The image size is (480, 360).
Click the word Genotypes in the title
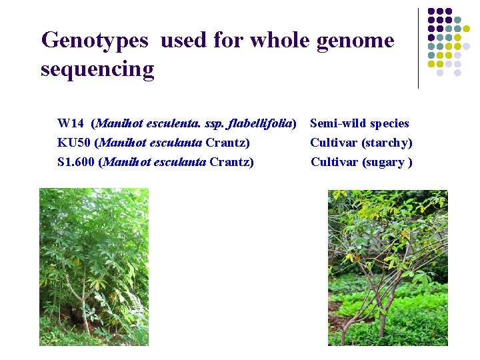coord(94,41)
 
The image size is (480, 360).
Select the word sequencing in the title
coord(97,69)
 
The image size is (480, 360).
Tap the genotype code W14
coord(71,123)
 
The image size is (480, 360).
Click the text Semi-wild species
coord(359,123)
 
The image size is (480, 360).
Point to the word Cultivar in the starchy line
coord(333,143)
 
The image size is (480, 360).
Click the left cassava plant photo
coord(93,267)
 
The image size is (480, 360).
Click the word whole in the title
coord(281,41)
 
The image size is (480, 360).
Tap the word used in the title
coord(184,41)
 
